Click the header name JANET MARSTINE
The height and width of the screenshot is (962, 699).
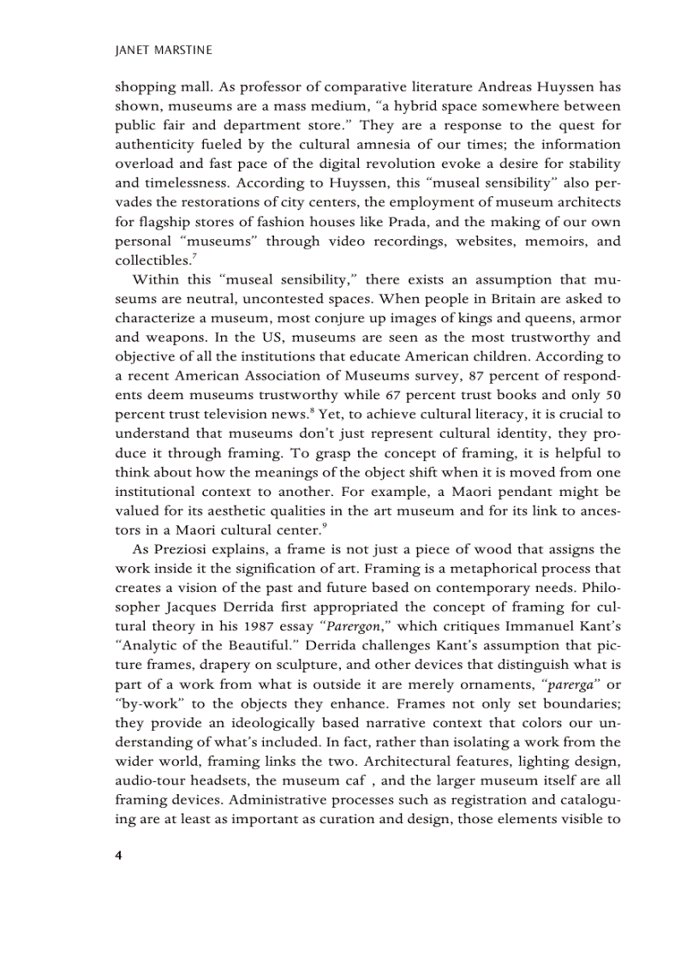click(163, 51)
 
